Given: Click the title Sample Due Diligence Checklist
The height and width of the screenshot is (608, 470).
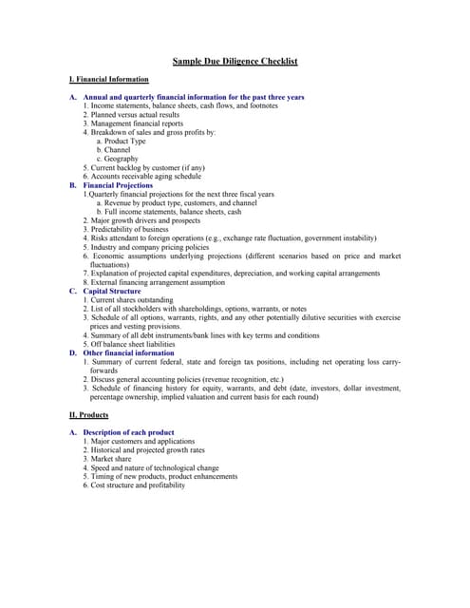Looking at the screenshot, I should click(x=235, y=62).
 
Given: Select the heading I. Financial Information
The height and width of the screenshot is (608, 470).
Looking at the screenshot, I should click(x=109, y=80).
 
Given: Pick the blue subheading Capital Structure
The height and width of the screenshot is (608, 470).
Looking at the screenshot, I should click(x=112, y=291).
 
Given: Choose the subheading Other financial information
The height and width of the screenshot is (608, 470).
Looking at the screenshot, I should click(x=128, y=352).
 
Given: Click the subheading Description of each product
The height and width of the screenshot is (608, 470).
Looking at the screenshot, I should click(x=128, y=432).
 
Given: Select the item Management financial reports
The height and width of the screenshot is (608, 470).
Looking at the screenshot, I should click(x=137, y=123).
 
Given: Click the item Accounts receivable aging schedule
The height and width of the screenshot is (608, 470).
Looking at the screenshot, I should click(x=145, y=176).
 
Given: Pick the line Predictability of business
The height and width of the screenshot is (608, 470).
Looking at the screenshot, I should click(x=129, y=229).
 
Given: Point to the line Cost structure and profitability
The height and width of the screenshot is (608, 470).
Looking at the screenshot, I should click(x=138, y=485).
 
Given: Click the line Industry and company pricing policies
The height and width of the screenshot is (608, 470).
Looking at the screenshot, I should click(x=149, y=247).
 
